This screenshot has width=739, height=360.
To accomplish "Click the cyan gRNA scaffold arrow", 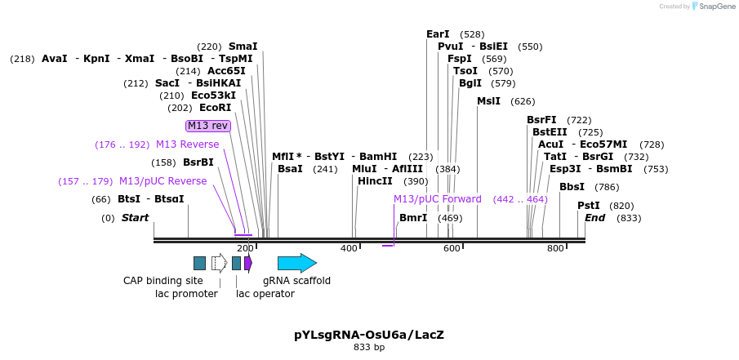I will [x=296, y=263].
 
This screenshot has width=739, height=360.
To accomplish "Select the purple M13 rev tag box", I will [x=208, y=126].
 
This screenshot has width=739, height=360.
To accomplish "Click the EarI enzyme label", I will [x=438, y=34].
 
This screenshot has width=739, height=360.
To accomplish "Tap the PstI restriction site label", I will [x=588, y=206].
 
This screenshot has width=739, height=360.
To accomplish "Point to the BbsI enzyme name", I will [x=572, y=187].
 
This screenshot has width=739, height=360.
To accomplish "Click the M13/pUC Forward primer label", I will [x=438, y=199].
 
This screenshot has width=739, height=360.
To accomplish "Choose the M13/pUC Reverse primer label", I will [x=162, y=181].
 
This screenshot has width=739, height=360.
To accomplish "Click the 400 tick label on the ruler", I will [x=349, y=248].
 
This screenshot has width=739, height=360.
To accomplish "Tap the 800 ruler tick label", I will [x=555, y=248].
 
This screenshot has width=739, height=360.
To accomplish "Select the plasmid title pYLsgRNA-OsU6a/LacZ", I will [x=369, y=335].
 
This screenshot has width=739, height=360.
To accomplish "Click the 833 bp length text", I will [x=369, y=348].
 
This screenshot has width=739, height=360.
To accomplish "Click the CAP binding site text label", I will [x=163, y=281].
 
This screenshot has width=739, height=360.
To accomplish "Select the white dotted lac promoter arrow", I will [x=219, y=263].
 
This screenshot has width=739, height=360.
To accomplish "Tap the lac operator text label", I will [x=265, y=294].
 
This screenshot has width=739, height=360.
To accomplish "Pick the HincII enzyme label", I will [x=375, y=181].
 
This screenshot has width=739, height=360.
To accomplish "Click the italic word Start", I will [x=136, y=218].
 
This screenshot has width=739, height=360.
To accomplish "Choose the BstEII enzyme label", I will [x=550, y=132].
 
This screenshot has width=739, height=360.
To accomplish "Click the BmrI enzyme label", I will [x=413, y=218].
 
